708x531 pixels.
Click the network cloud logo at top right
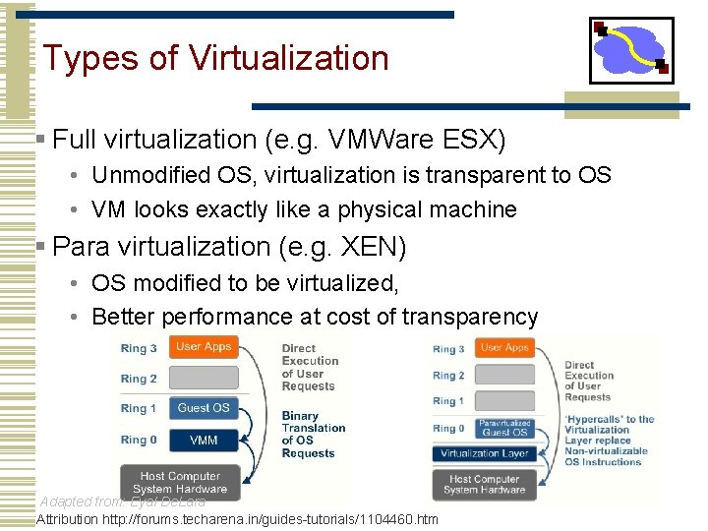pyautogui.click(x=631, y=49)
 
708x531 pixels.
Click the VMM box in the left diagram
pyautogui.click(x=204, y=441)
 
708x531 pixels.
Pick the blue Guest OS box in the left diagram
pyautogui.click(x=204, y=408)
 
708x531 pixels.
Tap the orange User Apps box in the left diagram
pyautogui.click(x=204, y=347)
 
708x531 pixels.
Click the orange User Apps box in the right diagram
pyautogui.click(x=504, y=347)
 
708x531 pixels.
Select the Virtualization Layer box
pyautogui.click(x=484, y=454)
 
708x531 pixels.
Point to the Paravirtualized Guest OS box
pyautogui.click(x=504, y=428)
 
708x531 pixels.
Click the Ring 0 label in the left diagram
pyautogui.click(x=139, y=441)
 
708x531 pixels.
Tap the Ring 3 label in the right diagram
pyautogui.click(x=448, y=349)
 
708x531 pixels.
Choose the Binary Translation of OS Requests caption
pyautogui.click(x=314, y=435)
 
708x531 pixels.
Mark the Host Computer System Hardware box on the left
pyautogui.click(x=180, y=483)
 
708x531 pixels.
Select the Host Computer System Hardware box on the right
pyautogui.click(x=483, y=485)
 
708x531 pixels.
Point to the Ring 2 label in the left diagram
pyautogui.click(x=139, y=379)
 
